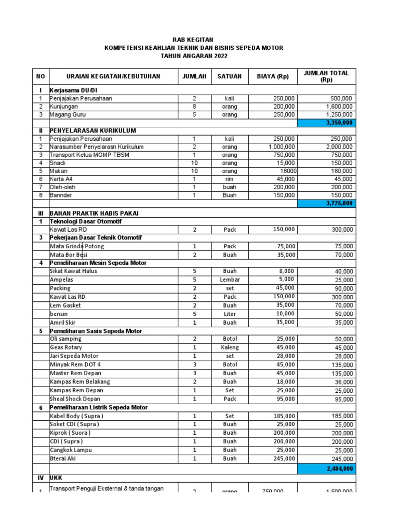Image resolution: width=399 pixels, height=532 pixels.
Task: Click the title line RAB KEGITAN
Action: tap(193, 39)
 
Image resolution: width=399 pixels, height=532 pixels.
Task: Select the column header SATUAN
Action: tap(229, 76)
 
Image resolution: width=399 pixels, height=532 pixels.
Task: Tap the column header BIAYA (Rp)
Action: tap(272, 76)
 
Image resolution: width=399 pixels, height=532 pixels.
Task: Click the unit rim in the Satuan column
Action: tap(230, 179)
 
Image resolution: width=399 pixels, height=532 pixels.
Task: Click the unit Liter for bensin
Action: tap(230, 314)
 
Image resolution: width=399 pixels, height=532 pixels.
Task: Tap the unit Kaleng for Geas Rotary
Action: tap(230, 347)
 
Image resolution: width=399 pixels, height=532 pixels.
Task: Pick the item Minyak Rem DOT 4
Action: tap(76, 364)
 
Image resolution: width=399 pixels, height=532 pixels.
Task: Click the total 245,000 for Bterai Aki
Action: tap(339, 459)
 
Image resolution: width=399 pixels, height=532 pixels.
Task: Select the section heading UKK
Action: tap(56, 476)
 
